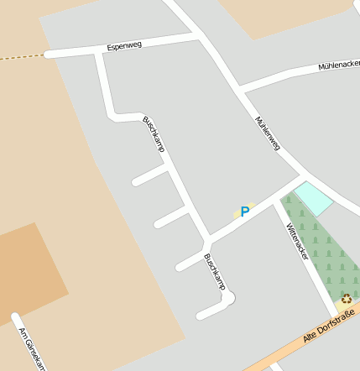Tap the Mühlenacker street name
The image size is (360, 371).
[x=338, y=65]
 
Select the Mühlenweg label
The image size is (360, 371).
[x=267, y=133]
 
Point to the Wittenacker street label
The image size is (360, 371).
[x=297, y=241]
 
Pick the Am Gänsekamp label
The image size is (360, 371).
[x=31, y=348]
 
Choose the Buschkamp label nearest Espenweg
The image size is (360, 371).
[x=154, y=133]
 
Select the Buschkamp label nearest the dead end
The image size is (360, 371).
[x=215, y=272]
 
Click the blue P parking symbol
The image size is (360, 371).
[x=245, y=212]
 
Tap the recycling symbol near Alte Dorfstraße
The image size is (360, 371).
[x=346, y=299]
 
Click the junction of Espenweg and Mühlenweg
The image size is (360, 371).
[x=198, y=35]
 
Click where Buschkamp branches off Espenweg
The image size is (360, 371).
[x=99, y=52]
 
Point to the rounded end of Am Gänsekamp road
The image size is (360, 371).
[x=15, y=317]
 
